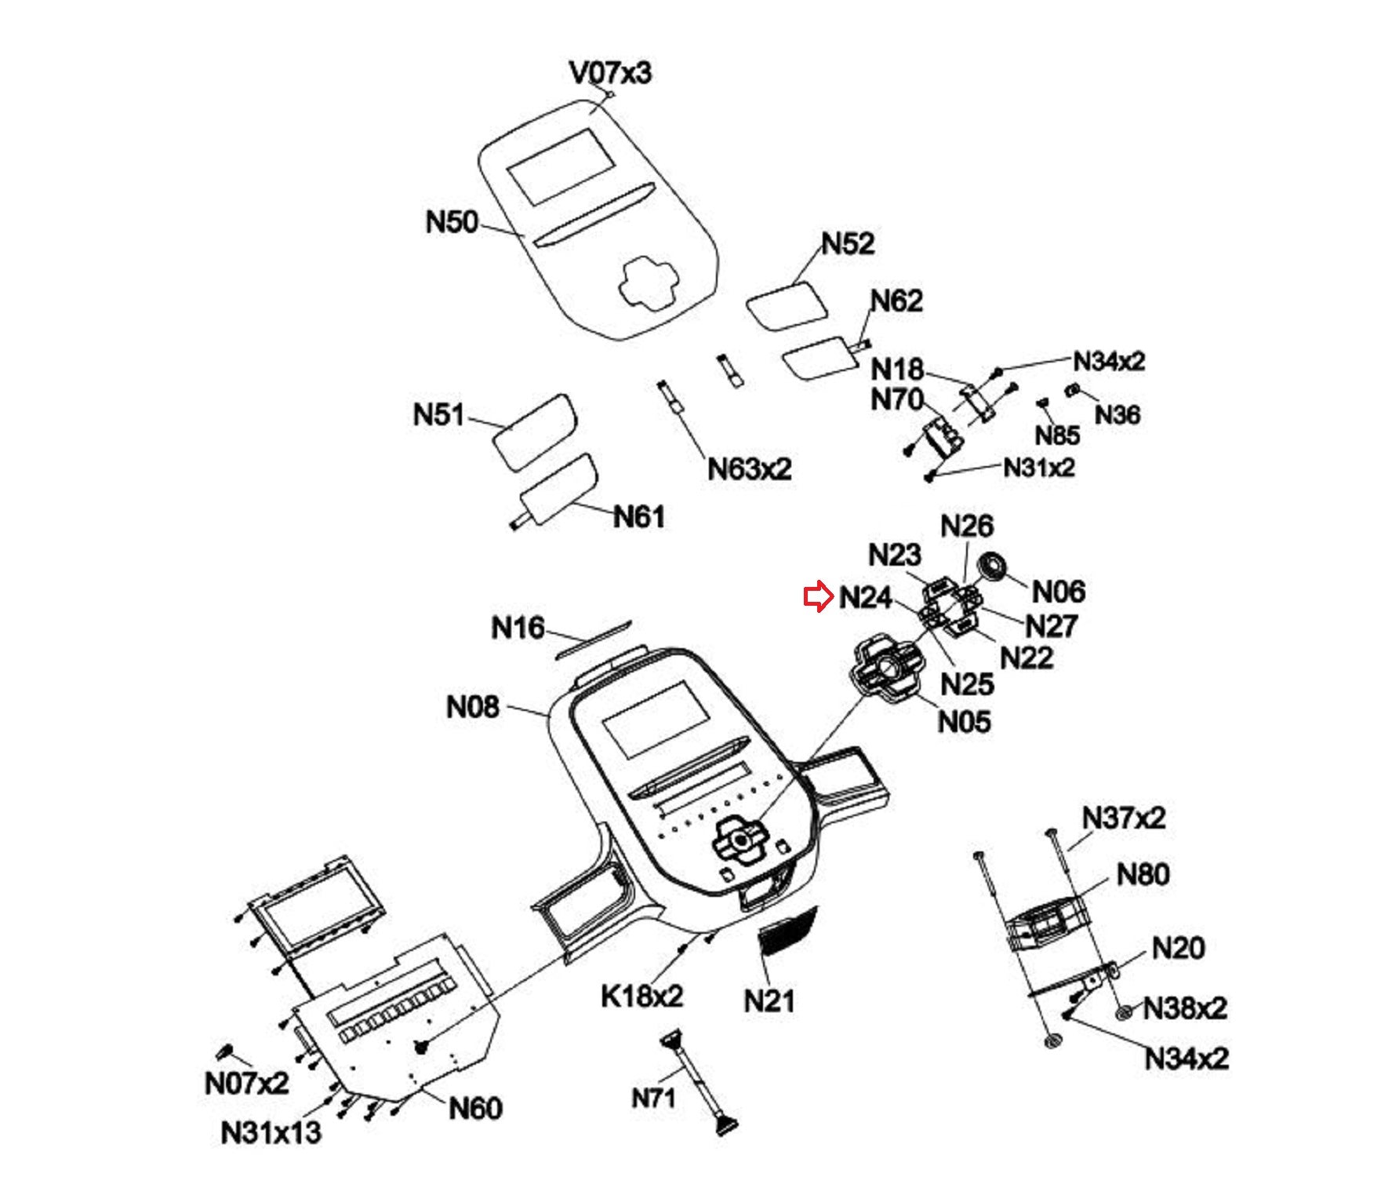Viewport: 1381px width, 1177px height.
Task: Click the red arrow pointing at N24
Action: point(818,597)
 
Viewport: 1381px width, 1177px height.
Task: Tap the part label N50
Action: point(452,221)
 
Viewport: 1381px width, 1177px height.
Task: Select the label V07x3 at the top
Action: point(610,73)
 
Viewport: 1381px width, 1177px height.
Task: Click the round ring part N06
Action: point(993,566)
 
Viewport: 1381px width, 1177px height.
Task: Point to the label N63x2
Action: point(750,468)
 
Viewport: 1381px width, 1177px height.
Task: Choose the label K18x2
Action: point(642,996)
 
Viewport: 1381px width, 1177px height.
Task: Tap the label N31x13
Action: point(271,1132)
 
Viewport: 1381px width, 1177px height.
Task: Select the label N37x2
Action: point(1124,818)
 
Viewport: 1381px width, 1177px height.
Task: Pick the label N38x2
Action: point(1185,1008)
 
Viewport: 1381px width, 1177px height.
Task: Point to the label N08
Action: point(472,707)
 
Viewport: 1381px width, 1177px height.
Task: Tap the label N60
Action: point(475,1108)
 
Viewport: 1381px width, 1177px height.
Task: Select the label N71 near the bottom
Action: point(653,1098)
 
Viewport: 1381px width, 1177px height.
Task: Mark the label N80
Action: point(1143,874)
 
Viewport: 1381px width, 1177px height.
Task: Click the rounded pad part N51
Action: point(534,432)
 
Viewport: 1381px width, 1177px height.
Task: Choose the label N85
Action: point(1057,435)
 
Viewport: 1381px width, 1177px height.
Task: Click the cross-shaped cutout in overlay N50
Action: point(648,284)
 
